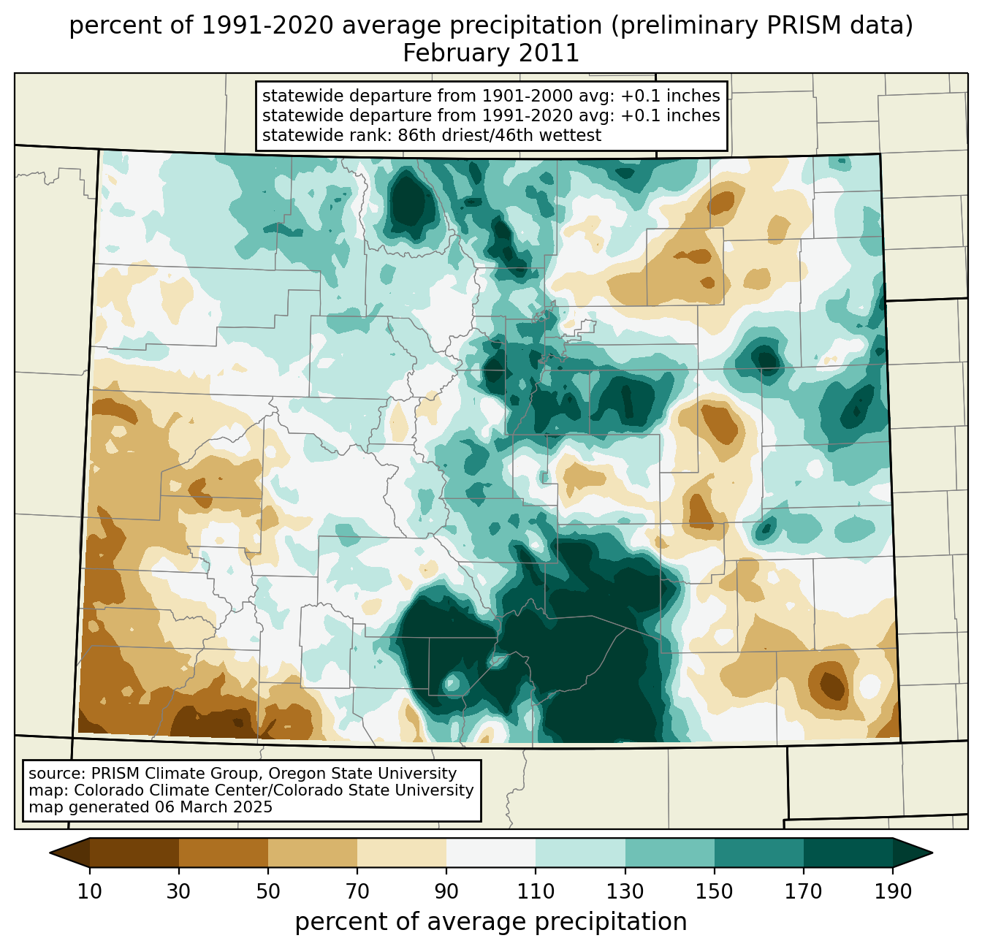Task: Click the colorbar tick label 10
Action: tap(90, 892)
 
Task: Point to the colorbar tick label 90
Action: tap(446, 892)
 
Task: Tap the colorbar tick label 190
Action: tap(892, 892)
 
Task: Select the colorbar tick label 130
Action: tap(625, 892)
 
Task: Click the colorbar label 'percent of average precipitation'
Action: tap(491, 922)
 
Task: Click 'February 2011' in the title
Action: tap(491, 53)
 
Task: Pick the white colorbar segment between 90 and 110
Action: tap(491, 853)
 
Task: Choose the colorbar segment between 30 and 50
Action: tap(224, 853)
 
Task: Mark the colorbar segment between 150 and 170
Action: tap(758, 853)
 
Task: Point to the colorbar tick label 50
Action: tap(268, 892)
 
